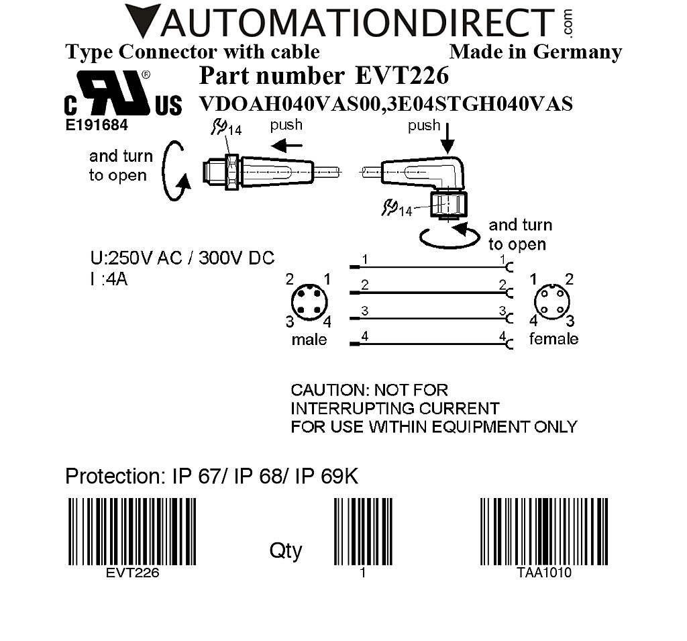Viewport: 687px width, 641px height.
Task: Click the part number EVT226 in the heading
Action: [x=401, y=76]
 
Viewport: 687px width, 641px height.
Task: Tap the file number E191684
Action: [x=97, y=125]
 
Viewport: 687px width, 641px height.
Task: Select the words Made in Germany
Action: [x=535, y=52]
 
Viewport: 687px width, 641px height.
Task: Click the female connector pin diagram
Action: [x=551, y=299]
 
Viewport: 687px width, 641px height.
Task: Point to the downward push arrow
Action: [x=447, y=142]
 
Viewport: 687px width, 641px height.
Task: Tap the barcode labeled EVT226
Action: [x=133, y=532]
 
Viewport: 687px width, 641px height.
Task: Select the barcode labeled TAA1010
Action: [x=544, y=532]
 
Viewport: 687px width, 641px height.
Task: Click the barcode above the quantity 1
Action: [x=363, y=532]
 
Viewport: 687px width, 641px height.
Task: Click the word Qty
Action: [x=286, y=550]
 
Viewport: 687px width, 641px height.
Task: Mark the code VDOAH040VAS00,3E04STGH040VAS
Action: [x=386, y=105]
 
